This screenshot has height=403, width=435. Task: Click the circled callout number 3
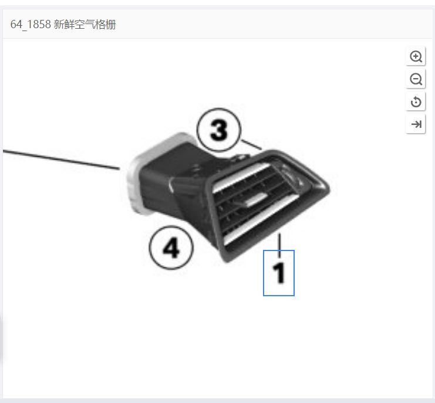coord(218,130)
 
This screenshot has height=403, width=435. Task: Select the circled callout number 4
coord(171,248)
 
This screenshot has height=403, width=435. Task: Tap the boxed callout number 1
coord(278,273)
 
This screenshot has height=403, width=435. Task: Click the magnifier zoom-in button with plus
coord(416,56)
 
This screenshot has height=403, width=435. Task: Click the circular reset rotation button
coord(416,101)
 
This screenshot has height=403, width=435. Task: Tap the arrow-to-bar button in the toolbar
coord(416,124)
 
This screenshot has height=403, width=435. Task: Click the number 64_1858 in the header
coord(31,25)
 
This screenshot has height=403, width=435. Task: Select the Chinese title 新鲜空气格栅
coord(85,25)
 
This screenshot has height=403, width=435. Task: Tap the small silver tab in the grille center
coord(255,199)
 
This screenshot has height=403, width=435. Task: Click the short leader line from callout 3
coord(252,145)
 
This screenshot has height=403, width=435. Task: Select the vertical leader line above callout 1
coord(280,245)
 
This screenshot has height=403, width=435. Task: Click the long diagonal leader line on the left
coord(61,160)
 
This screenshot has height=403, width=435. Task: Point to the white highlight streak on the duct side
coord(170,184)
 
